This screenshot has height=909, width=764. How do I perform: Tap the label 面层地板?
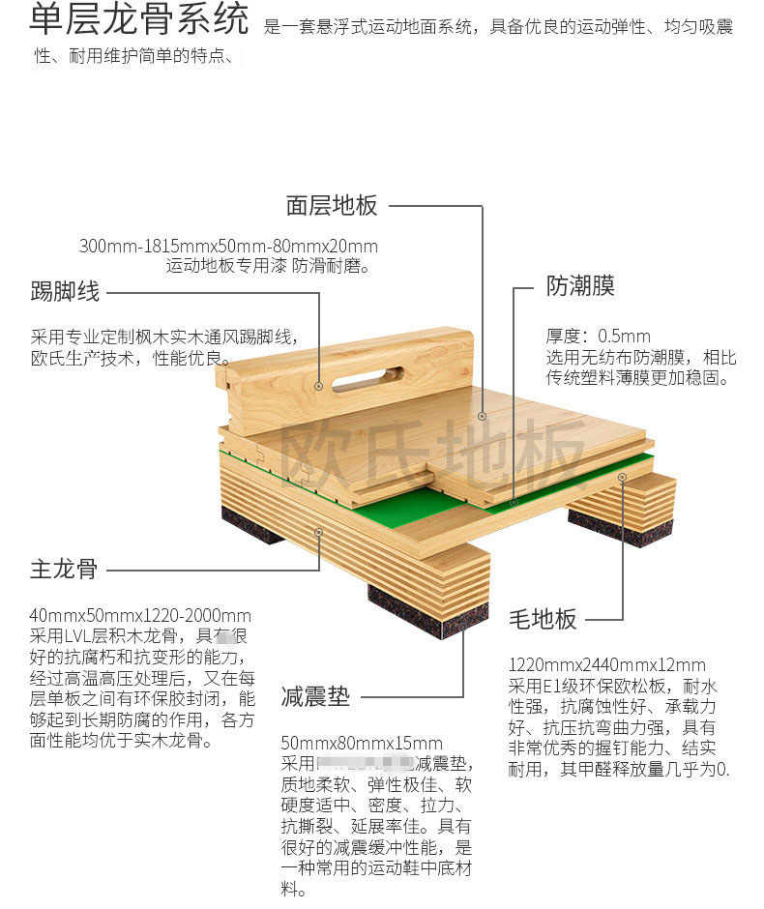[332, 206]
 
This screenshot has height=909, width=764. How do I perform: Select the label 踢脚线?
[65, 290]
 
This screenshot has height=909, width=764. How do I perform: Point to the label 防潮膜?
[579, 286]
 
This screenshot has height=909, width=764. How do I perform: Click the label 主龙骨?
[64, 569]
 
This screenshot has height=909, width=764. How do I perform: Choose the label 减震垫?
[315, 696]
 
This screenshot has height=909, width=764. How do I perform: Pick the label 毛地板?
[543, 619]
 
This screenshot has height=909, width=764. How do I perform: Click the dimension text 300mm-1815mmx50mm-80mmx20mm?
[228, 246]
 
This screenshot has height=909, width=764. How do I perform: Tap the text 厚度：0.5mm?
[599, 337]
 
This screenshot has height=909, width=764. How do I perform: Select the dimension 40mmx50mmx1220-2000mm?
[141, 615]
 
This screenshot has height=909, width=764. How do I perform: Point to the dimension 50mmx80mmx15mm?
[362, 744]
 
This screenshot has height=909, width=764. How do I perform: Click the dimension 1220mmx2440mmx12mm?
[606, 665]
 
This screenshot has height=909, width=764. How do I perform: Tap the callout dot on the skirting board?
[319, 385]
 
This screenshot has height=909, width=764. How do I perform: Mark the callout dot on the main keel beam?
[319, 531]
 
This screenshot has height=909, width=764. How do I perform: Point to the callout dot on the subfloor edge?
[623, 477]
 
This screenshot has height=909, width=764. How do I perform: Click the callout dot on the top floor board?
[482, 416]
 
